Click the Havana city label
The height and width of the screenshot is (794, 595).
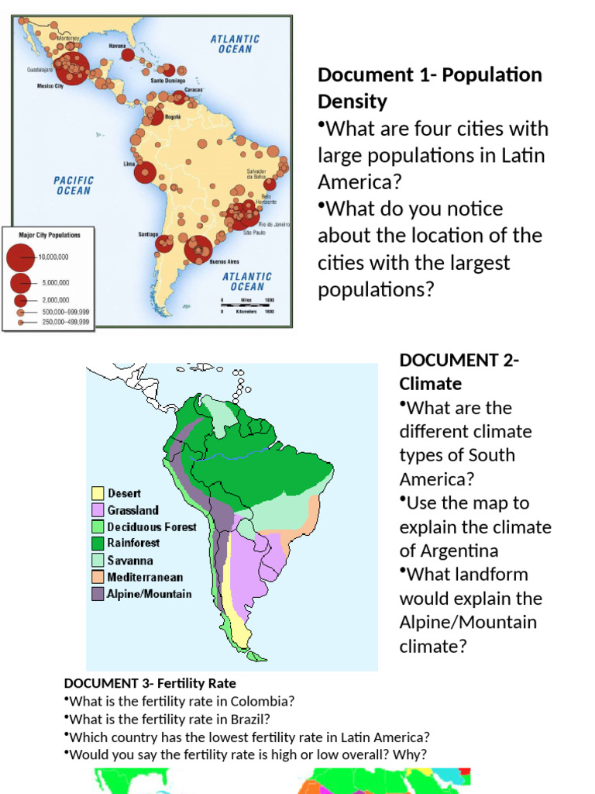(117, 47)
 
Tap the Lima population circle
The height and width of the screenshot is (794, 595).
(145, 172)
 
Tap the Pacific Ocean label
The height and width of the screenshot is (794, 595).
(73, 185)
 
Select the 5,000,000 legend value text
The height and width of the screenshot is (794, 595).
(54, 284)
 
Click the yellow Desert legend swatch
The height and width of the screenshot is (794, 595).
(98, 493)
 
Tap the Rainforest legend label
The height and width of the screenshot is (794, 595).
(133, 543)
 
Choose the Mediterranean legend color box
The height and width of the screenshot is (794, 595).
(98, 577)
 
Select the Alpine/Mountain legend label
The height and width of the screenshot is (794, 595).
(150, 594)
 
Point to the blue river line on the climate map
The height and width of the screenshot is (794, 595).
(256, 449)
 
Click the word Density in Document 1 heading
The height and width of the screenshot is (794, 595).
(353, 102)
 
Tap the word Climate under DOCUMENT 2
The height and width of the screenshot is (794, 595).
(431, 384)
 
